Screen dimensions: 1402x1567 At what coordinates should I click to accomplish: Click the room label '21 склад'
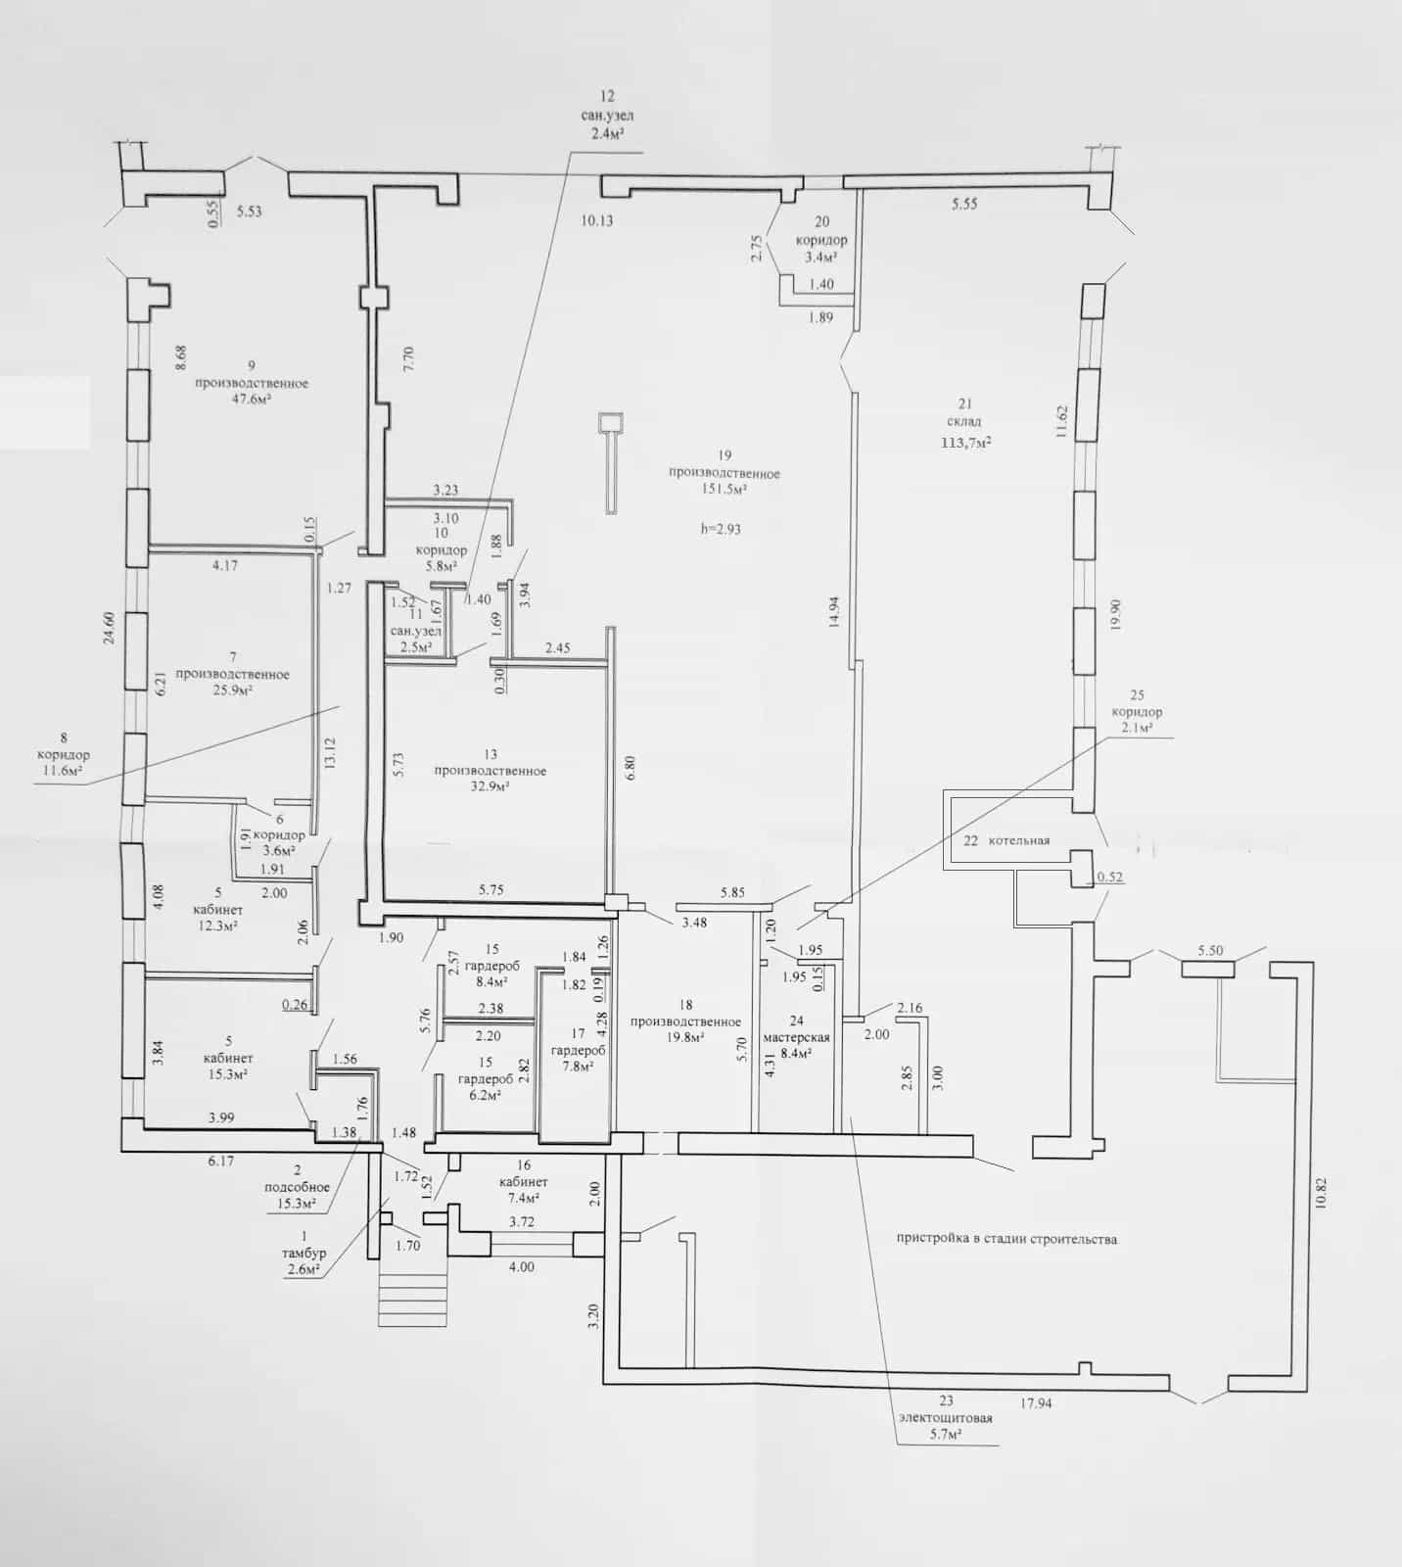(965, 412)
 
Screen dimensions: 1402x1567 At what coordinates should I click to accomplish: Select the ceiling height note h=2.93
(722, 529)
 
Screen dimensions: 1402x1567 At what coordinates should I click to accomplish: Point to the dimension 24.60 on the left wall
(110, 628)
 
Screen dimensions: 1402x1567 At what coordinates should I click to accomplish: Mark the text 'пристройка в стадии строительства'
(1006, 1239)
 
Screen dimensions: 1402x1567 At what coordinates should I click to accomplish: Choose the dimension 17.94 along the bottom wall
(1036, 1403)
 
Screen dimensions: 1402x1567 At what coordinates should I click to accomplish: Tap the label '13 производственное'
(491, 763)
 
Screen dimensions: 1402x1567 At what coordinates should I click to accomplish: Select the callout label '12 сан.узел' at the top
(607, 106)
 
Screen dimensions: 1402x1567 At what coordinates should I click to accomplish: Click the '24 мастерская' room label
(797, 1029)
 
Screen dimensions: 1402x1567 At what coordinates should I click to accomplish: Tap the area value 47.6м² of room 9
(252, 400)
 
